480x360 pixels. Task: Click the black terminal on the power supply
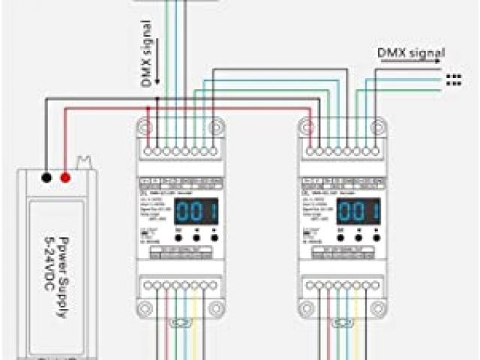(x=46, y=178)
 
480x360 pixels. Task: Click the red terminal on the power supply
(x=65, y=178)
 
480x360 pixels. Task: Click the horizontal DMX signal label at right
(x=410, y=53)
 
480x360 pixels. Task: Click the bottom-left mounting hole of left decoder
(x=148, y=306)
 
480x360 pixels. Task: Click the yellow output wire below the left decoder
(x=197, y=330)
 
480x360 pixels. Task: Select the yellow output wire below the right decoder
(x=361, y=330)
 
